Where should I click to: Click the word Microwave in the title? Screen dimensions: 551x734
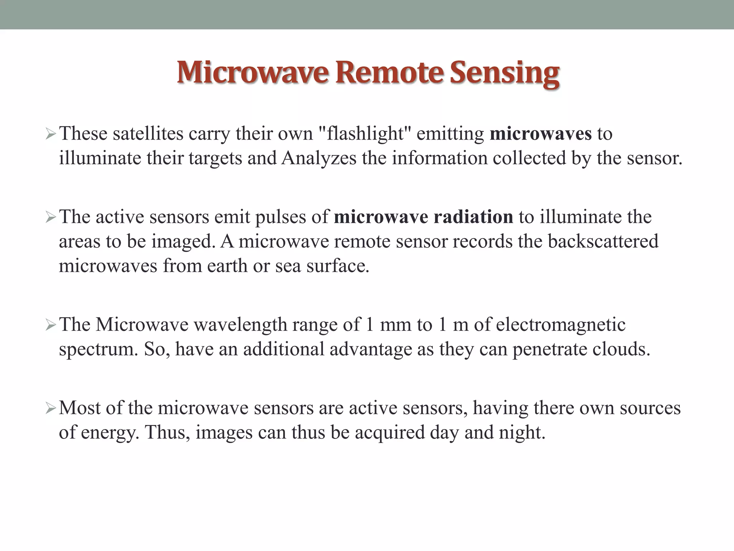coord(253,73)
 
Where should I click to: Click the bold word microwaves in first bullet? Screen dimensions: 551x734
coord(540,134)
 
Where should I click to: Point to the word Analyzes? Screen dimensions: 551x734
coord(319,158)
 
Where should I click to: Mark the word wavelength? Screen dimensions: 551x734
coord(240,325)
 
